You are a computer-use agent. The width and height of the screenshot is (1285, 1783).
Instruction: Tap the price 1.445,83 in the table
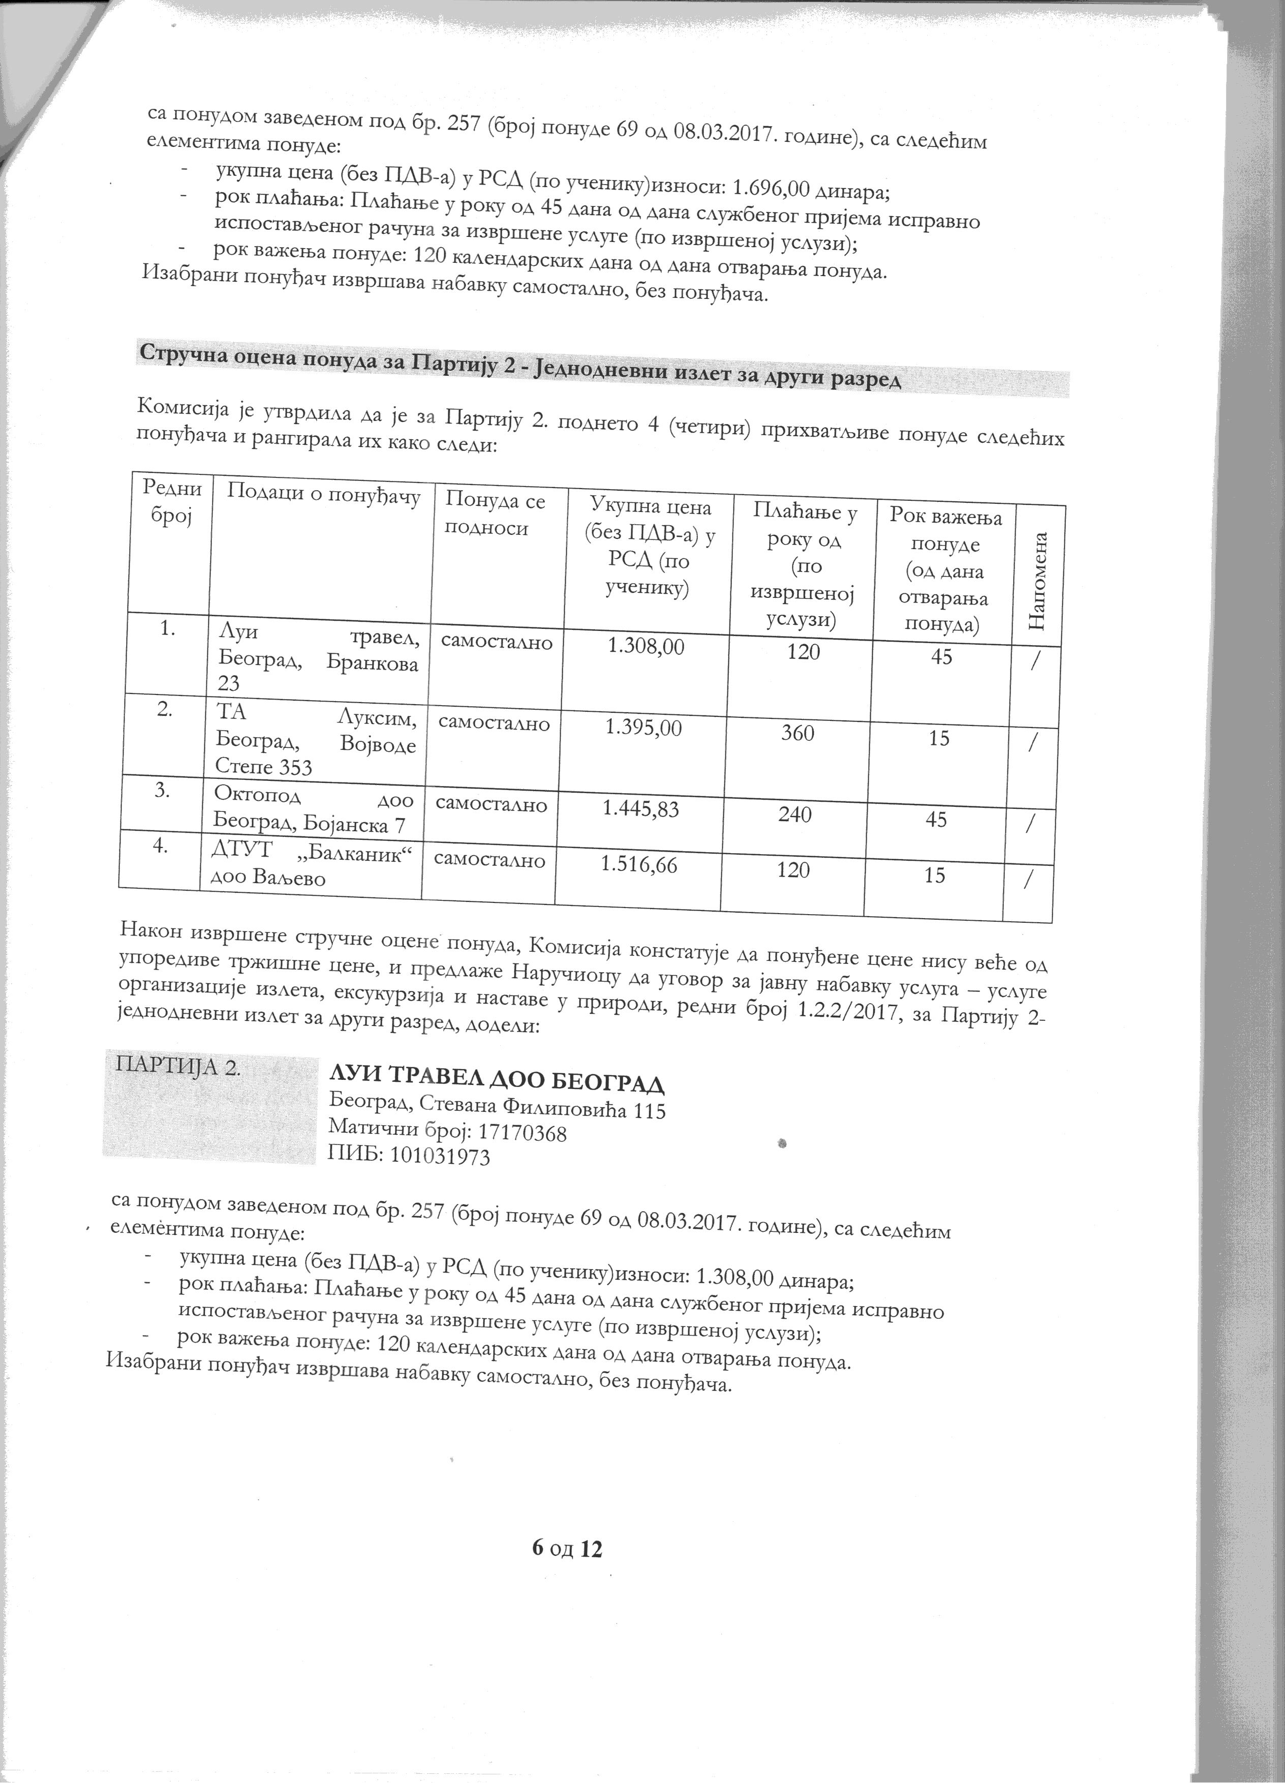(640, 808)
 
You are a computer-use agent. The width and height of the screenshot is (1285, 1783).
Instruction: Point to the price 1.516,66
(638, 865)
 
